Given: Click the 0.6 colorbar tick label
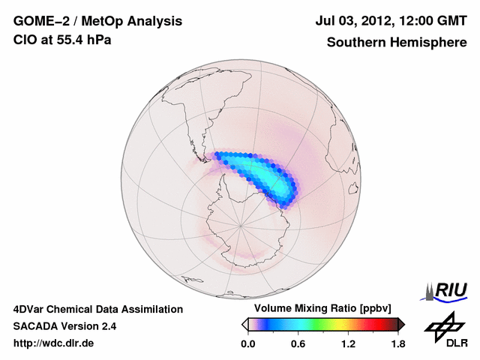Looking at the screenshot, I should click(x=298, y=344).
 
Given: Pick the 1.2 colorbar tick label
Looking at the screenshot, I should click(x=348, y=344).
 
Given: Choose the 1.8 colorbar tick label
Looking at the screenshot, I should click(x=398, y=344).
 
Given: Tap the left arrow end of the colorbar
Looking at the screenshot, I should click(x=244, y=324).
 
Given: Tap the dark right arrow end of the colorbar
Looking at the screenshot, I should click(x=401, y=324).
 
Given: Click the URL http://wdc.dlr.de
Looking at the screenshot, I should click(x=54, y=343).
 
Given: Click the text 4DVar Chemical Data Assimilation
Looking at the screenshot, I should click(x=97, y=309).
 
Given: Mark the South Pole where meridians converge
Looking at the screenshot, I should click(x=241, y=224).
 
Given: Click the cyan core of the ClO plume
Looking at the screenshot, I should click(x=259, y=174).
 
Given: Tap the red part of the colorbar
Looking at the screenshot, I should click(x=375, y=324).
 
